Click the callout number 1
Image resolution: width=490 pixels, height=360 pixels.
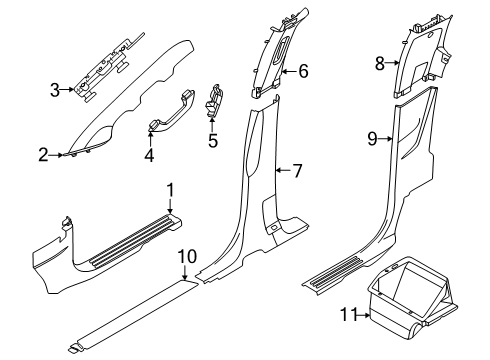click(x=170, y=189)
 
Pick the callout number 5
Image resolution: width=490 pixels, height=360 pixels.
click(x=212, y=140)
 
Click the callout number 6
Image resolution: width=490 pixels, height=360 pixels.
click(x=303, y=71)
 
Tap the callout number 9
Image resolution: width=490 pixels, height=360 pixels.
click(x=371, y=139)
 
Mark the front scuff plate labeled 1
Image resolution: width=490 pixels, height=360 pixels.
click(x=110, y=245)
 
